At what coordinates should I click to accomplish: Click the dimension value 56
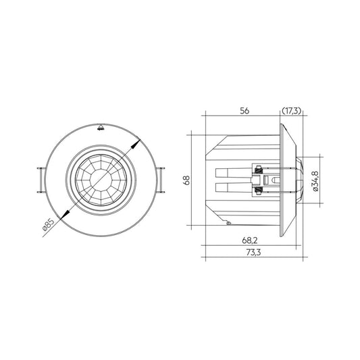(x=245, y=111)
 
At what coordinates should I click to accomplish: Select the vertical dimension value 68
(x=186, y=180)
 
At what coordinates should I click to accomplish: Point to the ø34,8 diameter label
(x=315, y=181)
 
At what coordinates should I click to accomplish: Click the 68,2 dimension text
(x=250, y=240)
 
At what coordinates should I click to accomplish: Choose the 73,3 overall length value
(x=254, y=253)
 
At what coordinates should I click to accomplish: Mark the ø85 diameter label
(x=49, y=224)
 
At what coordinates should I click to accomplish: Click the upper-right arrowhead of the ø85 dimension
(x=136, y=144)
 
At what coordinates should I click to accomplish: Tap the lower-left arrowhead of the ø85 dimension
(x=65, y=214)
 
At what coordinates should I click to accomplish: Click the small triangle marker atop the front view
(x=101, y=128)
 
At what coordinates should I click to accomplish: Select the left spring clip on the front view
(x=41, y=180)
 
